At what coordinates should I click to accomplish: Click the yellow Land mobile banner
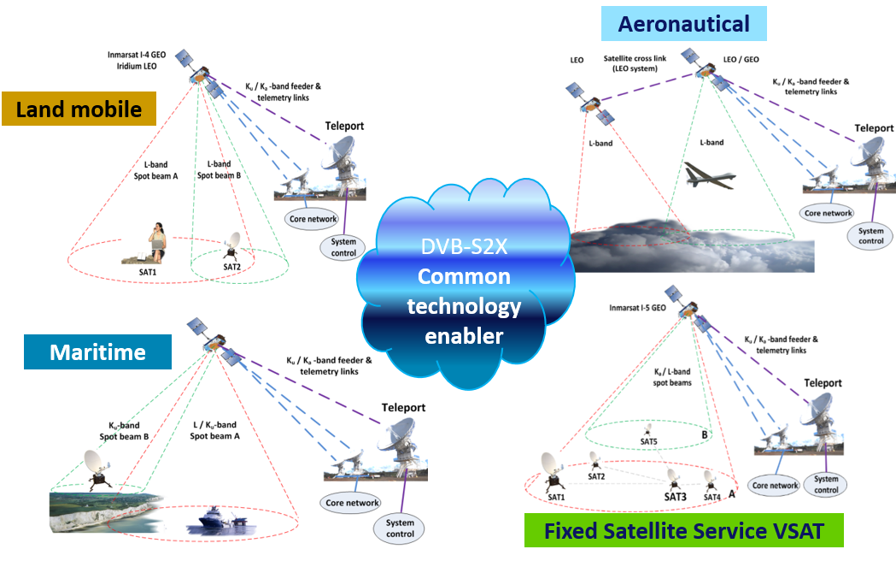tap(79, 109)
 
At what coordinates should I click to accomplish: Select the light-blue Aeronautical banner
tap(683, 25)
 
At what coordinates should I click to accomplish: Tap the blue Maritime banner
tap(97, 351)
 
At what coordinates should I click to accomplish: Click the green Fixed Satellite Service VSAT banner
tap(683, 531)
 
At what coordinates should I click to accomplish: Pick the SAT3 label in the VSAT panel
tap(675, 497)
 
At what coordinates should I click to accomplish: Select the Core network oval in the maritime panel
tap(352, 503)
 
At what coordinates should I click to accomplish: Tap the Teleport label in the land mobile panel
tap(344, 127)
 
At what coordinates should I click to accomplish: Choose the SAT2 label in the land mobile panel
tap(231, 267)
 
